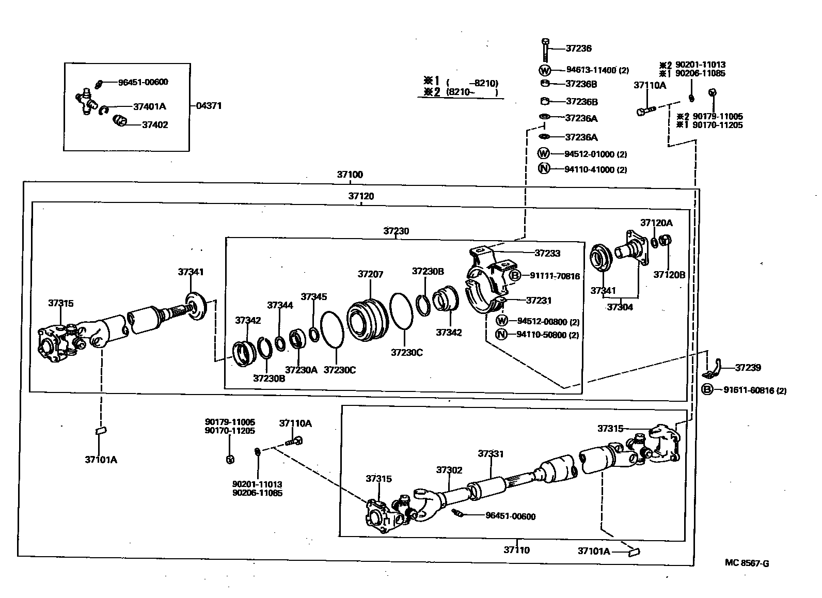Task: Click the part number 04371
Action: click(x=209, y=106)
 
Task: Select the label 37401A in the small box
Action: click(x=149, y=106)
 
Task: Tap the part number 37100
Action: click(x=350, y=175)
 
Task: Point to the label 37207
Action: click(x=370, y=274)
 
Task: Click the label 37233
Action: click(x=547, y=253)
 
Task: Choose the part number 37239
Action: click(x=748, y=368)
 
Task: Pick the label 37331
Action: click(x=491, y=453)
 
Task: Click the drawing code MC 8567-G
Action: click(x=747, y=563)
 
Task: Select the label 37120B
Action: click(x=669, y=275)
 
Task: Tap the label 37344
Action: click(x=280, y=305)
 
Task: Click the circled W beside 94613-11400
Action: click(x=545, y=70)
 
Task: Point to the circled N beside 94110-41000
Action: click(x=544, y=168)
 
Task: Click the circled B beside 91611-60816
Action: click(x=707, y=390)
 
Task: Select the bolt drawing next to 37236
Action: click(x=545, y=50)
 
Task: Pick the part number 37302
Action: click(x=449, y=470)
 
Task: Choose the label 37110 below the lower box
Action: click(x=516, y=550)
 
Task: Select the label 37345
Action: click(x=314, y=297)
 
